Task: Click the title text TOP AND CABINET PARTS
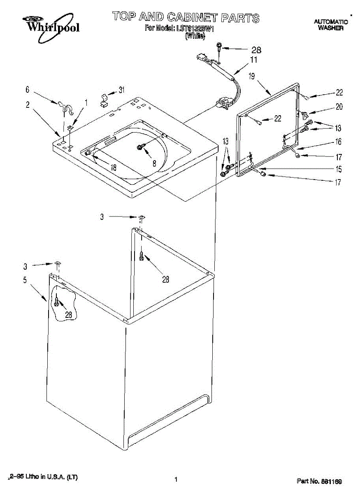[x=186, y=17]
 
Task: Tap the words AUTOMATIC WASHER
[x=330, y=25]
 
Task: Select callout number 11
[x=254, y=60]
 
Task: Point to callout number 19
[x=252, y=76]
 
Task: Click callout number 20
[x=339, y=107]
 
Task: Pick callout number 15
[x=338, y=169]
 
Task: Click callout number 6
[x=27, y=89]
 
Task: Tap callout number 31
[x=121, y=90]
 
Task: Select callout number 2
[x=27, y=105]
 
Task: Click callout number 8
[x=154, y=163]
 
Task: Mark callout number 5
[x=25, y=280]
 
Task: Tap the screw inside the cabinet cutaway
[x=56, y=303]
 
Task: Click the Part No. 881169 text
[x=319, y=481]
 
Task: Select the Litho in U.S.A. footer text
[x=43, y=477]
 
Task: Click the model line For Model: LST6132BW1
[x=180, y=29]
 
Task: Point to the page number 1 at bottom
[x=176, y=479]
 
